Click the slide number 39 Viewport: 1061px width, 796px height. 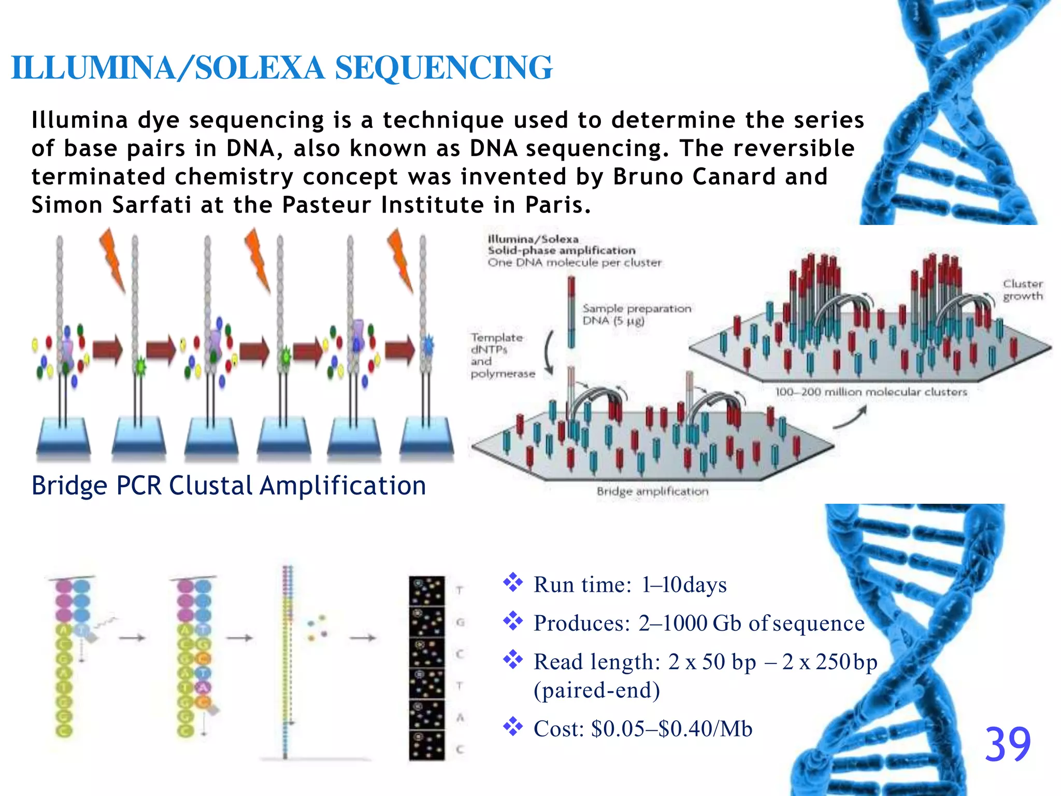pyautogui.click(x=1007, y=744)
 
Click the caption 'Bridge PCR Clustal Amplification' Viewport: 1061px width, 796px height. pyautogui.click(x=228, y=486)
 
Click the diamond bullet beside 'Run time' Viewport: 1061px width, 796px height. pyautogui.click(x=513, y=582)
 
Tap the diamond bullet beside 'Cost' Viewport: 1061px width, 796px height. pyautogui.click(x=513, y=727)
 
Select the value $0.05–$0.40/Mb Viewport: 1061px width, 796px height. pyautogui.click(x=671, y=729)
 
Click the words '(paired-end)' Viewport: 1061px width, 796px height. pyautogui.click(x=597, y=690)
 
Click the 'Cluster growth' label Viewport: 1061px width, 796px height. pyautogui.click(x=1023, y=290)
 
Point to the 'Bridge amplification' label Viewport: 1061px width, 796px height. pyautogui.click(x=652, y=491)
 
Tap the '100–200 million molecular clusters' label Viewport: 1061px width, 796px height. pyautogui.click(x=871, y=392)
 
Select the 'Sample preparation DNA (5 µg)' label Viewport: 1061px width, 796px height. pyautogui.click(x=637, y=315)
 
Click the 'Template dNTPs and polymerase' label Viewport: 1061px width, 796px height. pyautogui.click(x=501, y=356)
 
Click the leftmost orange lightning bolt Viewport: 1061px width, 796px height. pyautogui.click(x=113, y=259)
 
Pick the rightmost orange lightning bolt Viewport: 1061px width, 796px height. pyautogui.click(x=400, y=259)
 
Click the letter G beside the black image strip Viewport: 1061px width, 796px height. pyautogui.click(x=460, y=622)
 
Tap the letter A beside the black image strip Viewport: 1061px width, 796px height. pyautogui.click(x=460, y=718)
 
